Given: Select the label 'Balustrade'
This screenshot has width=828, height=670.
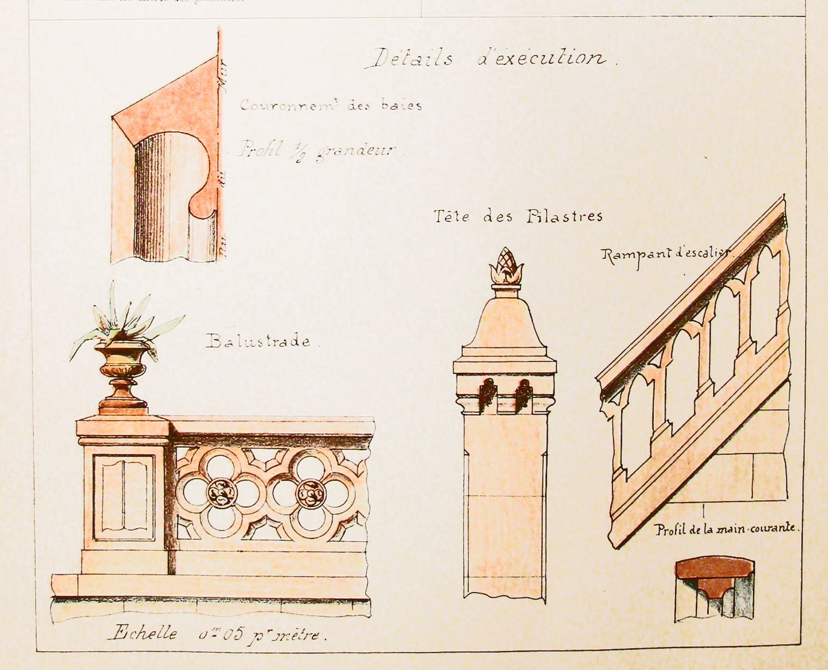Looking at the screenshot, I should (258, 342).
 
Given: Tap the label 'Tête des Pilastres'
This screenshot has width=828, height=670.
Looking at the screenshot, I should (518, 216).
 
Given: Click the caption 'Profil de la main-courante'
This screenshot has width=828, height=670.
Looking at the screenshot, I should (727, 529).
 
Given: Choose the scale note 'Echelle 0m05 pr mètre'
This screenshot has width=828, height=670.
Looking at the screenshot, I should (218, 634).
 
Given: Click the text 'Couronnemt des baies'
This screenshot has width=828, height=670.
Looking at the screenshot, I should (331, 106).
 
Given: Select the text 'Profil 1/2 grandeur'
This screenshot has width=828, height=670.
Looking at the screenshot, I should (317, 150).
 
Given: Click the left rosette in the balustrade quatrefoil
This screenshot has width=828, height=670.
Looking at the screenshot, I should (219, 493).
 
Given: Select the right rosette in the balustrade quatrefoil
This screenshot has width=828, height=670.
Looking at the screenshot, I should (310, 493).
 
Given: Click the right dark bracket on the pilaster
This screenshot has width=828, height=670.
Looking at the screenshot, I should (523, 392).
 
